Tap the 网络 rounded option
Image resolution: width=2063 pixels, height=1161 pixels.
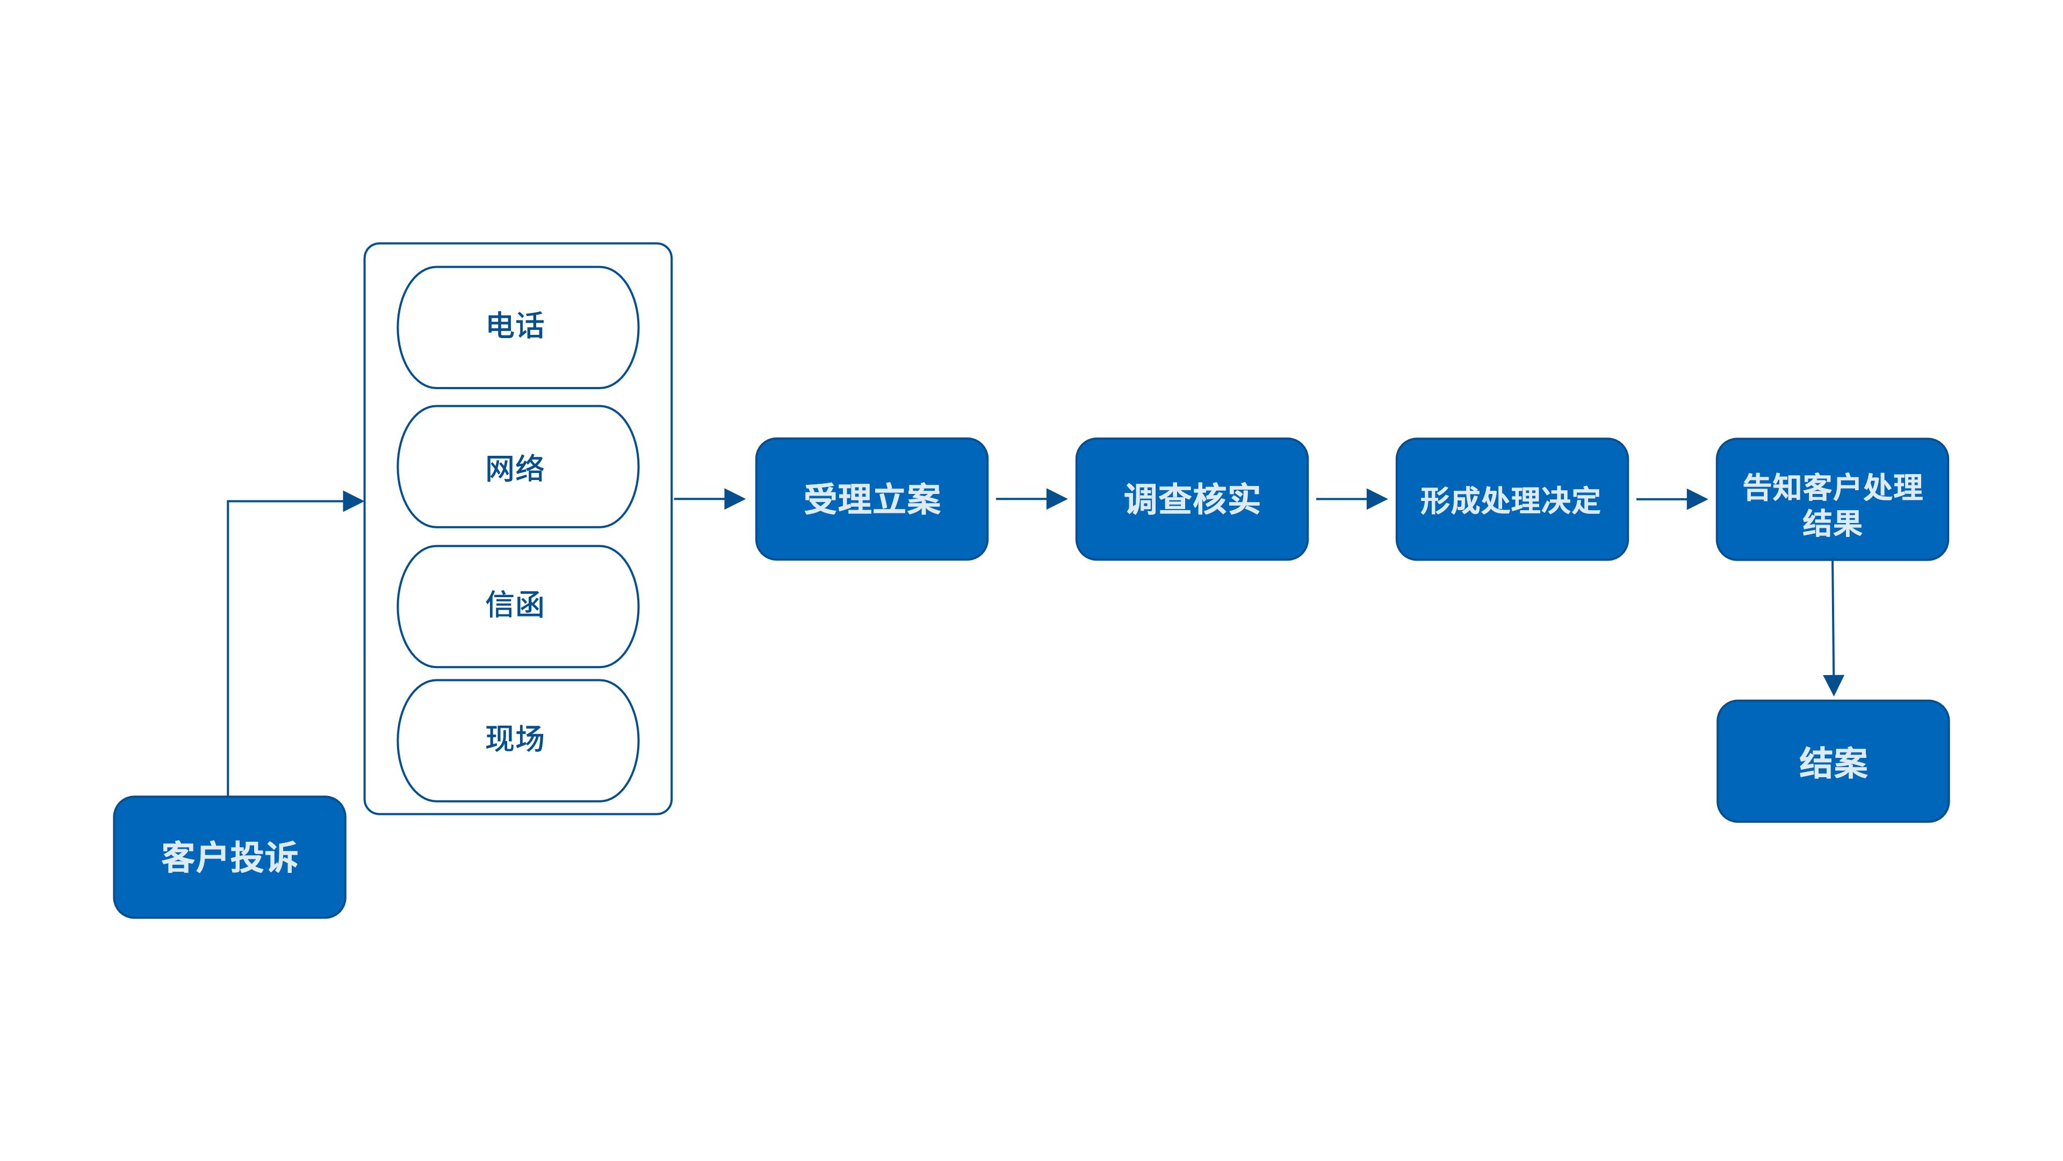tap(517, 467)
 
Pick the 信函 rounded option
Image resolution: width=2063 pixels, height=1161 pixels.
tap(517, 606)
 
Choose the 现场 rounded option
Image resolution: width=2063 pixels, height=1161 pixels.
tap(517, 740)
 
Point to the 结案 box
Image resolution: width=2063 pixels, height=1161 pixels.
tap(1833, 761)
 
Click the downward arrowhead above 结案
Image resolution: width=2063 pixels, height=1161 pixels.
tap(1833, 685)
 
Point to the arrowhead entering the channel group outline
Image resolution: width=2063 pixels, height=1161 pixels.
tap(353, 501)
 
